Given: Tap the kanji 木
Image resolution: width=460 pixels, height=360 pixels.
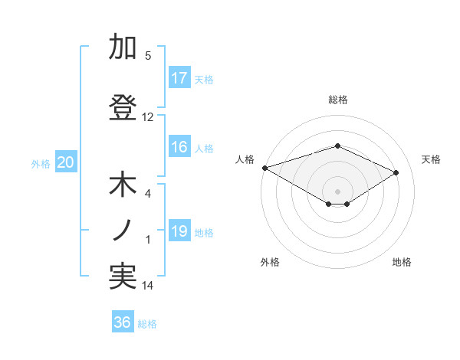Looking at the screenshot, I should [x=123, y=186].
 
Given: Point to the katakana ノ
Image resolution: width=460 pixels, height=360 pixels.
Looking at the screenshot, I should [x=123, y=230].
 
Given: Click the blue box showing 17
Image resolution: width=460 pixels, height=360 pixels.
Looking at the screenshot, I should [x=180, y=78].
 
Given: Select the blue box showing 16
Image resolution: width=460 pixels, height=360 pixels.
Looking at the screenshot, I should [x=180, y=148].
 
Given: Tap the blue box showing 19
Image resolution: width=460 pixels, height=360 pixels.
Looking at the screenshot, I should [x=180, y=232].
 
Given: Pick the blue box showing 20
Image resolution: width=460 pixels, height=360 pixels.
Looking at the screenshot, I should [x=66, y=162].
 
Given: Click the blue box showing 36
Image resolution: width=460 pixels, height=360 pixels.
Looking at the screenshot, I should [x=123, y=322].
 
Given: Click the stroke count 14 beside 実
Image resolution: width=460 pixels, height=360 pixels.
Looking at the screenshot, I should [x=148, y=286].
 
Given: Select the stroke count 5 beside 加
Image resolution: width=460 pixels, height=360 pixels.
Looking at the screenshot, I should [x=148, y=56].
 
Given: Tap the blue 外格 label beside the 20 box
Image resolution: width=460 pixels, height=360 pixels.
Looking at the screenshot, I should [x=41, y=163].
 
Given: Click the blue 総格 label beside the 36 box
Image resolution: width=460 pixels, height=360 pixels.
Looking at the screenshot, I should [x=147, y=324].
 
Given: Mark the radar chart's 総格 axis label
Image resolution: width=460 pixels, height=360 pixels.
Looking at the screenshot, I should [x=337, y=100].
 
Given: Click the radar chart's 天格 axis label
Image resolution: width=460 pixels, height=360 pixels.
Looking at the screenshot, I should [x=432, y=159].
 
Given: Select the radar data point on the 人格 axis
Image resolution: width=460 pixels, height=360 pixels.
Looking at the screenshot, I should [x=264, y=168].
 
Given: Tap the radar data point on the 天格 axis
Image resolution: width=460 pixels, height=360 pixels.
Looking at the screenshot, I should [x=396, y=172].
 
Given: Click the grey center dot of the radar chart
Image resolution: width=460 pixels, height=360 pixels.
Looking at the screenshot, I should [x=337, y=191].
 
